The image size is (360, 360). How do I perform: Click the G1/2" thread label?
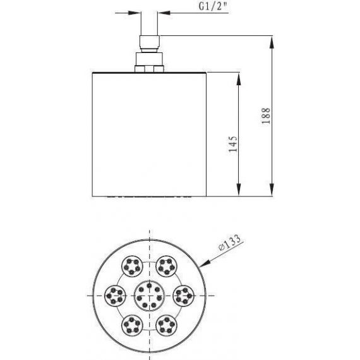pos(213,6)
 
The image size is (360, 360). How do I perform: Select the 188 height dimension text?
pos(266,116)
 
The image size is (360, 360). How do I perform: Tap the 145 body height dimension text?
pos(233,144)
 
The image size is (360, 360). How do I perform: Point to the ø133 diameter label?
pos(230,243)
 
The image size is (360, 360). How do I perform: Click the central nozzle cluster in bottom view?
pos(149,296)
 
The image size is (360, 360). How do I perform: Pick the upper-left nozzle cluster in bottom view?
pos(132,267)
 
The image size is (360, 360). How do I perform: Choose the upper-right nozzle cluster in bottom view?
pos(167,267)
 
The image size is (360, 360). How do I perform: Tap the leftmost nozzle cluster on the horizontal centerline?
pos(115,296)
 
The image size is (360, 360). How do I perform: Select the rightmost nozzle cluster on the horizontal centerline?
pos(183,296)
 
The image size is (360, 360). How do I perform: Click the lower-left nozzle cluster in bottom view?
pos(132,325)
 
